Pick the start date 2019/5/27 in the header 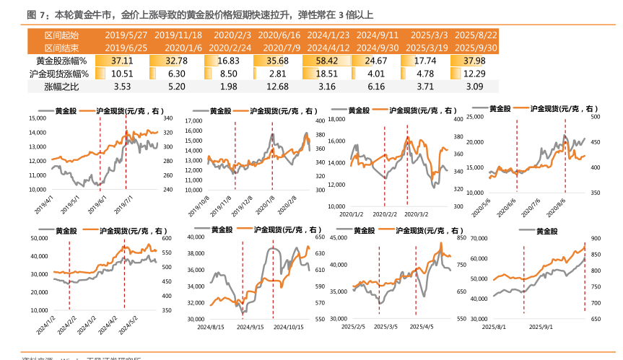point(126,35)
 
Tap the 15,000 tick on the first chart point(37,118)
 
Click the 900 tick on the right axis point(596,238)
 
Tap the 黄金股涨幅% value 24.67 point(376,61)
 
